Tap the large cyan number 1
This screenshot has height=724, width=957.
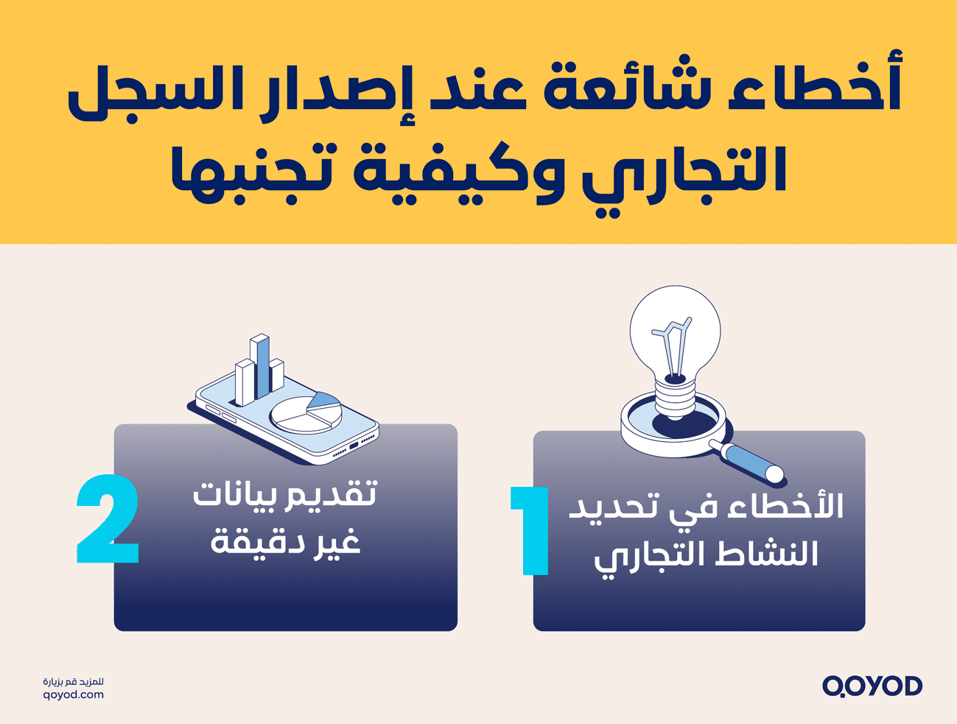click(532, 530)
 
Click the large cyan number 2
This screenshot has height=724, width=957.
click(108, 519)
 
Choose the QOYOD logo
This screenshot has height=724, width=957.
click(872, 686)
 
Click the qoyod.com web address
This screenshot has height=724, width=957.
click(74, 695)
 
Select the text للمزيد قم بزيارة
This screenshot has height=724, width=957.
click(74, 681)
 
